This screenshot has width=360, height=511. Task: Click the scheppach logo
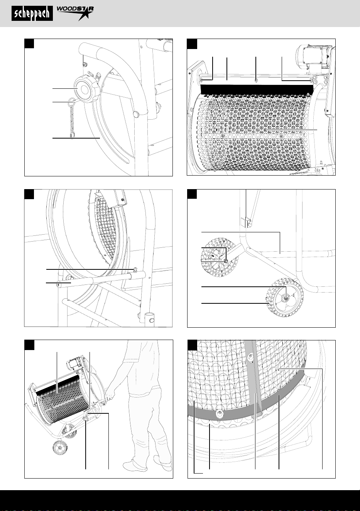(32, 14)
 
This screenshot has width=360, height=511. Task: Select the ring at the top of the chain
(71, 100)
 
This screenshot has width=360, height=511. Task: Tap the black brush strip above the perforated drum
(255, 90)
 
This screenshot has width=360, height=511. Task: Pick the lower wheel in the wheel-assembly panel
(285, 297)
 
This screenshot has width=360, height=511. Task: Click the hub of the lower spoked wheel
(285, 297)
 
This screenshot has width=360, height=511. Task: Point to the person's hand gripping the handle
(110, 396)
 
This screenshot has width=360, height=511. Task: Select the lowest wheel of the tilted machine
(59, 448)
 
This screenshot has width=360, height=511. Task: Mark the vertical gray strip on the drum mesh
(255, 379)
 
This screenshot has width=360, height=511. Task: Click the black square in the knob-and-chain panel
(29, 44)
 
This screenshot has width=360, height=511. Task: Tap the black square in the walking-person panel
(29, 345)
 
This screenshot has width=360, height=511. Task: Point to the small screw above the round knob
(84, 64)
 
